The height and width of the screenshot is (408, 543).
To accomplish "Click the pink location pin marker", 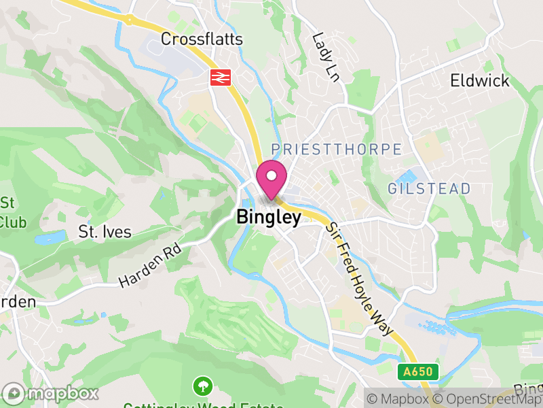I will (271, 180).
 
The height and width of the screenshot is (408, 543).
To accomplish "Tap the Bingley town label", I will (269, 218).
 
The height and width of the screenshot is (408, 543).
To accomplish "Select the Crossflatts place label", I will (202, 39).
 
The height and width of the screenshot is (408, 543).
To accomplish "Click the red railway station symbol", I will (219, 77).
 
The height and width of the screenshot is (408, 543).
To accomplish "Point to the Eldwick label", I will (480, 81).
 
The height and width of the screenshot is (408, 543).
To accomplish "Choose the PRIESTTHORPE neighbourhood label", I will (336, 149).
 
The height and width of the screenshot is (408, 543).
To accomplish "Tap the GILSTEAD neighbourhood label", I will (429, 189).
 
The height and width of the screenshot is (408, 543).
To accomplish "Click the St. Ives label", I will (105, 231).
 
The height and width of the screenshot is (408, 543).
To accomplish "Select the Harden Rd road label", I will (151, 267).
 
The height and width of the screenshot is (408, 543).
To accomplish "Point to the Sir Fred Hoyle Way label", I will (360, 279).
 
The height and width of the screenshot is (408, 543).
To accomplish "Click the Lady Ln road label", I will (325, 56).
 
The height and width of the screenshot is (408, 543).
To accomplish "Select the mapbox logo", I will (52, 393).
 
